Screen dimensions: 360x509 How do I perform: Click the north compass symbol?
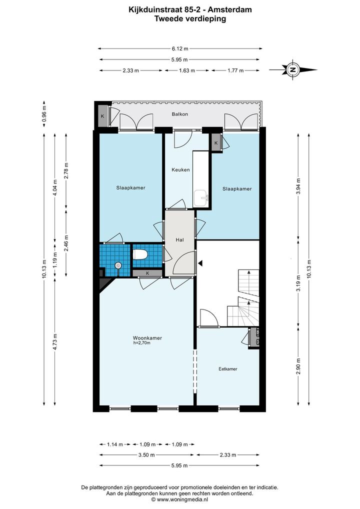click(293, 69)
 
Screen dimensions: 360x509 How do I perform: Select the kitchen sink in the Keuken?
click(201, 198)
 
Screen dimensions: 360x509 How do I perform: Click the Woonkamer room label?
click(147, 338)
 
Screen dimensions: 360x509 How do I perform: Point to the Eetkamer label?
click(228, 369)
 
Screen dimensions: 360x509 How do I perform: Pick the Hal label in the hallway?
click(179, 239)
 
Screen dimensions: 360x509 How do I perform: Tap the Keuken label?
click(180, 169)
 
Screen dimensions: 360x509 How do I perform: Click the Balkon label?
click(180, 114)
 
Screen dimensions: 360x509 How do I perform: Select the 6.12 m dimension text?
click(180, 48)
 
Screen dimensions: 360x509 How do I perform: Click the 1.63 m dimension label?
click(186, 70)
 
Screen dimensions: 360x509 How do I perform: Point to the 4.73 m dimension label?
click(55, 342)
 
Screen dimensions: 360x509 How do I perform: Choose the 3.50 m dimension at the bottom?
click(146, 455)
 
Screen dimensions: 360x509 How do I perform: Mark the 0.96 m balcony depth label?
click(44, 114)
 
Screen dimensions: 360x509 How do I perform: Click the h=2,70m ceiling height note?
click(141, 342)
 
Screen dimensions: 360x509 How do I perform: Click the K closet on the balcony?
click(102, 115)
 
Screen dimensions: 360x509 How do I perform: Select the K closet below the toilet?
click(147, 273)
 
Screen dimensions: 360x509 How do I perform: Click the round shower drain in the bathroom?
click(117, 265)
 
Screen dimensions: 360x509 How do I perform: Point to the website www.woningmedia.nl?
click(179, 499)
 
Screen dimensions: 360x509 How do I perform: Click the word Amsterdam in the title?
click(234, 9)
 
